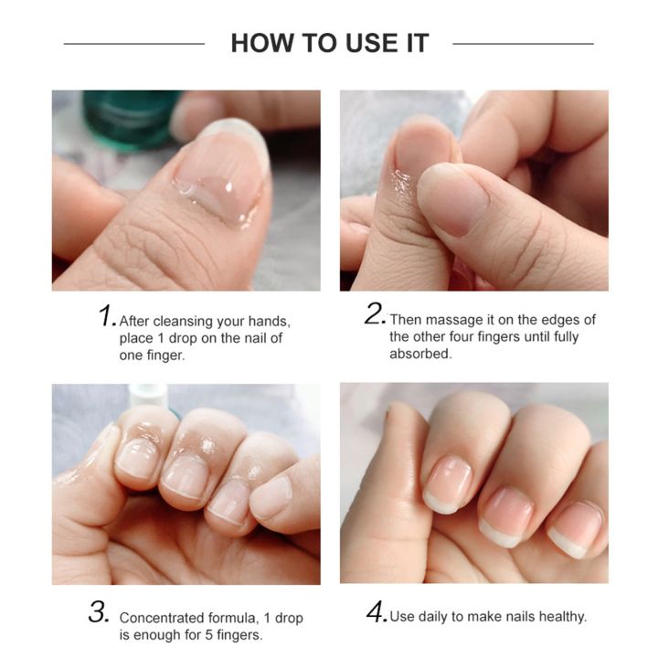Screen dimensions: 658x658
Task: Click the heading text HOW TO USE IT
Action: [329, 43]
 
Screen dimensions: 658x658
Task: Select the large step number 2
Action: [375, 314]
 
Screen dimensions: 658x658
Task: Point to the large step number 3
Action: [99, 612]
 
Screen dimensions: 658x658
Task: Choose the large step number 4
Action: [377, 612]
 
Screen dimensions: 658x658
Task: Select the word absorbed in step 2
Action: [420, 355]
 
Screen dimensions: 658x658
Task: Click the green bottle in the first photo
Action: [128, 117]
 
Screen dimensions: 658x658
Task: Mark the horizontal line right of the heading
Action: [523, 43]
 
